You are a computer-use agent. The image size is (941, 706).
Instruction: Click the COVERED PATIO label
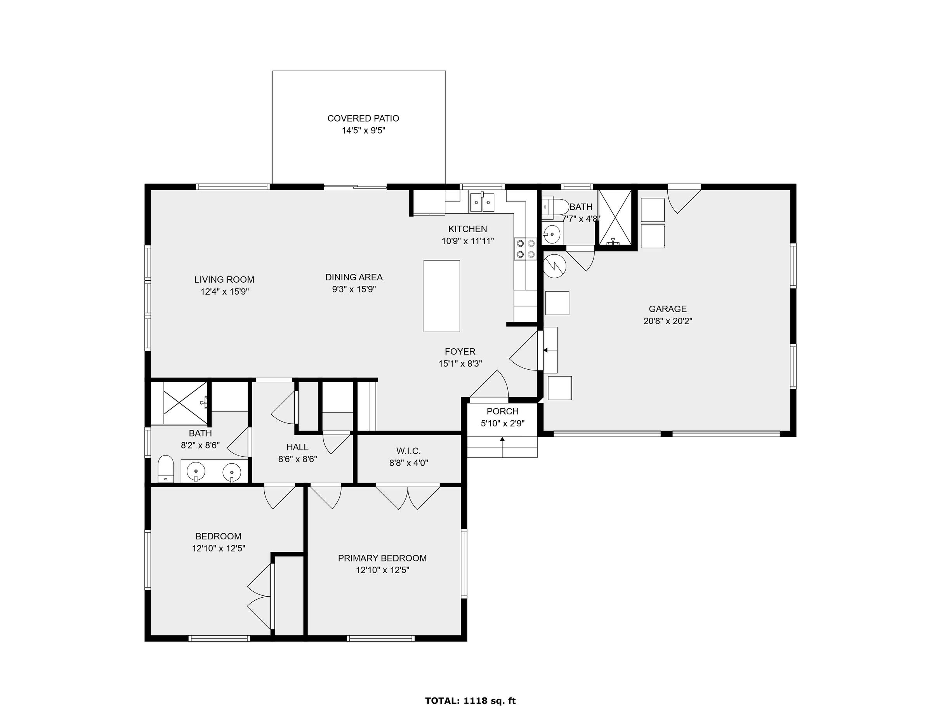click(x=363, y=118)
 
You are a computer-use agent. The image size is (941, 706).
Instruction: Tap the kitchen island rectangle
click(x=441, y=296)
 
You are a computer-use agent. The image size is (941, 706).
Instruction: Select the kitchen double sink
click(x=482, y=201)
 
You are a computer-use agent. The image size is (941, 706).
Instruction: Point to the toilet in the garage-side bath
click(x=556, y=207)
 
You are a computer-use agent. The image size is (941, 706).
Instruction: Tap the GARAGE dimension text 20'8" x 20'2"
click(x=667, y=321)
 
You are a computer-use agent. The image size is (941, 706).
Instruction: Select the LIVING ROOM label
click(x=224, y=280)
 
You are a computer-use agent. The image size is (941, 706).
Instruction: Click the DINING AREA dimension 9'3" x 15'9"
click(x=354, y=289)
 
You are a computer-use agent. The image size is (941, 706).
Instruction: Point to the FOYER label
click(x=460, y=351)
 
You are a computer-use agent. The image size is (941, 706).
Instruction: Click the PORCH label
click(x=502, y=411)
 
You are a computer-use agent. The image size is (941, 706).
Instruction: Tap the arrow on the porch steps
click(x=502, y=447)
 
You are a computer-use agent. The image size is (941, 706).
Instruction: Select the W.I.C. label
click(x=408, y=450)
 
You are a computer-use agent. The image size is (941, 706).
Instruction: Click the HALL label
click(x=297, y=447)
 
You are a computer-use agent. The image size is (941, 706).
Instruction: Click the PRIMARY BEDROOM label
click(x=382, y=558)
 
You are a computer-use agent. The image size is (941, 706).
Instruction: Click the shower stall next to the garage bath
click(x=615, y=217)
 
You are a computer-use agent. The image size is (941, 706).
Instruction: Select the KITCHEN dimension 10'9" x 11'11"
click(x=467, y=241)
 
